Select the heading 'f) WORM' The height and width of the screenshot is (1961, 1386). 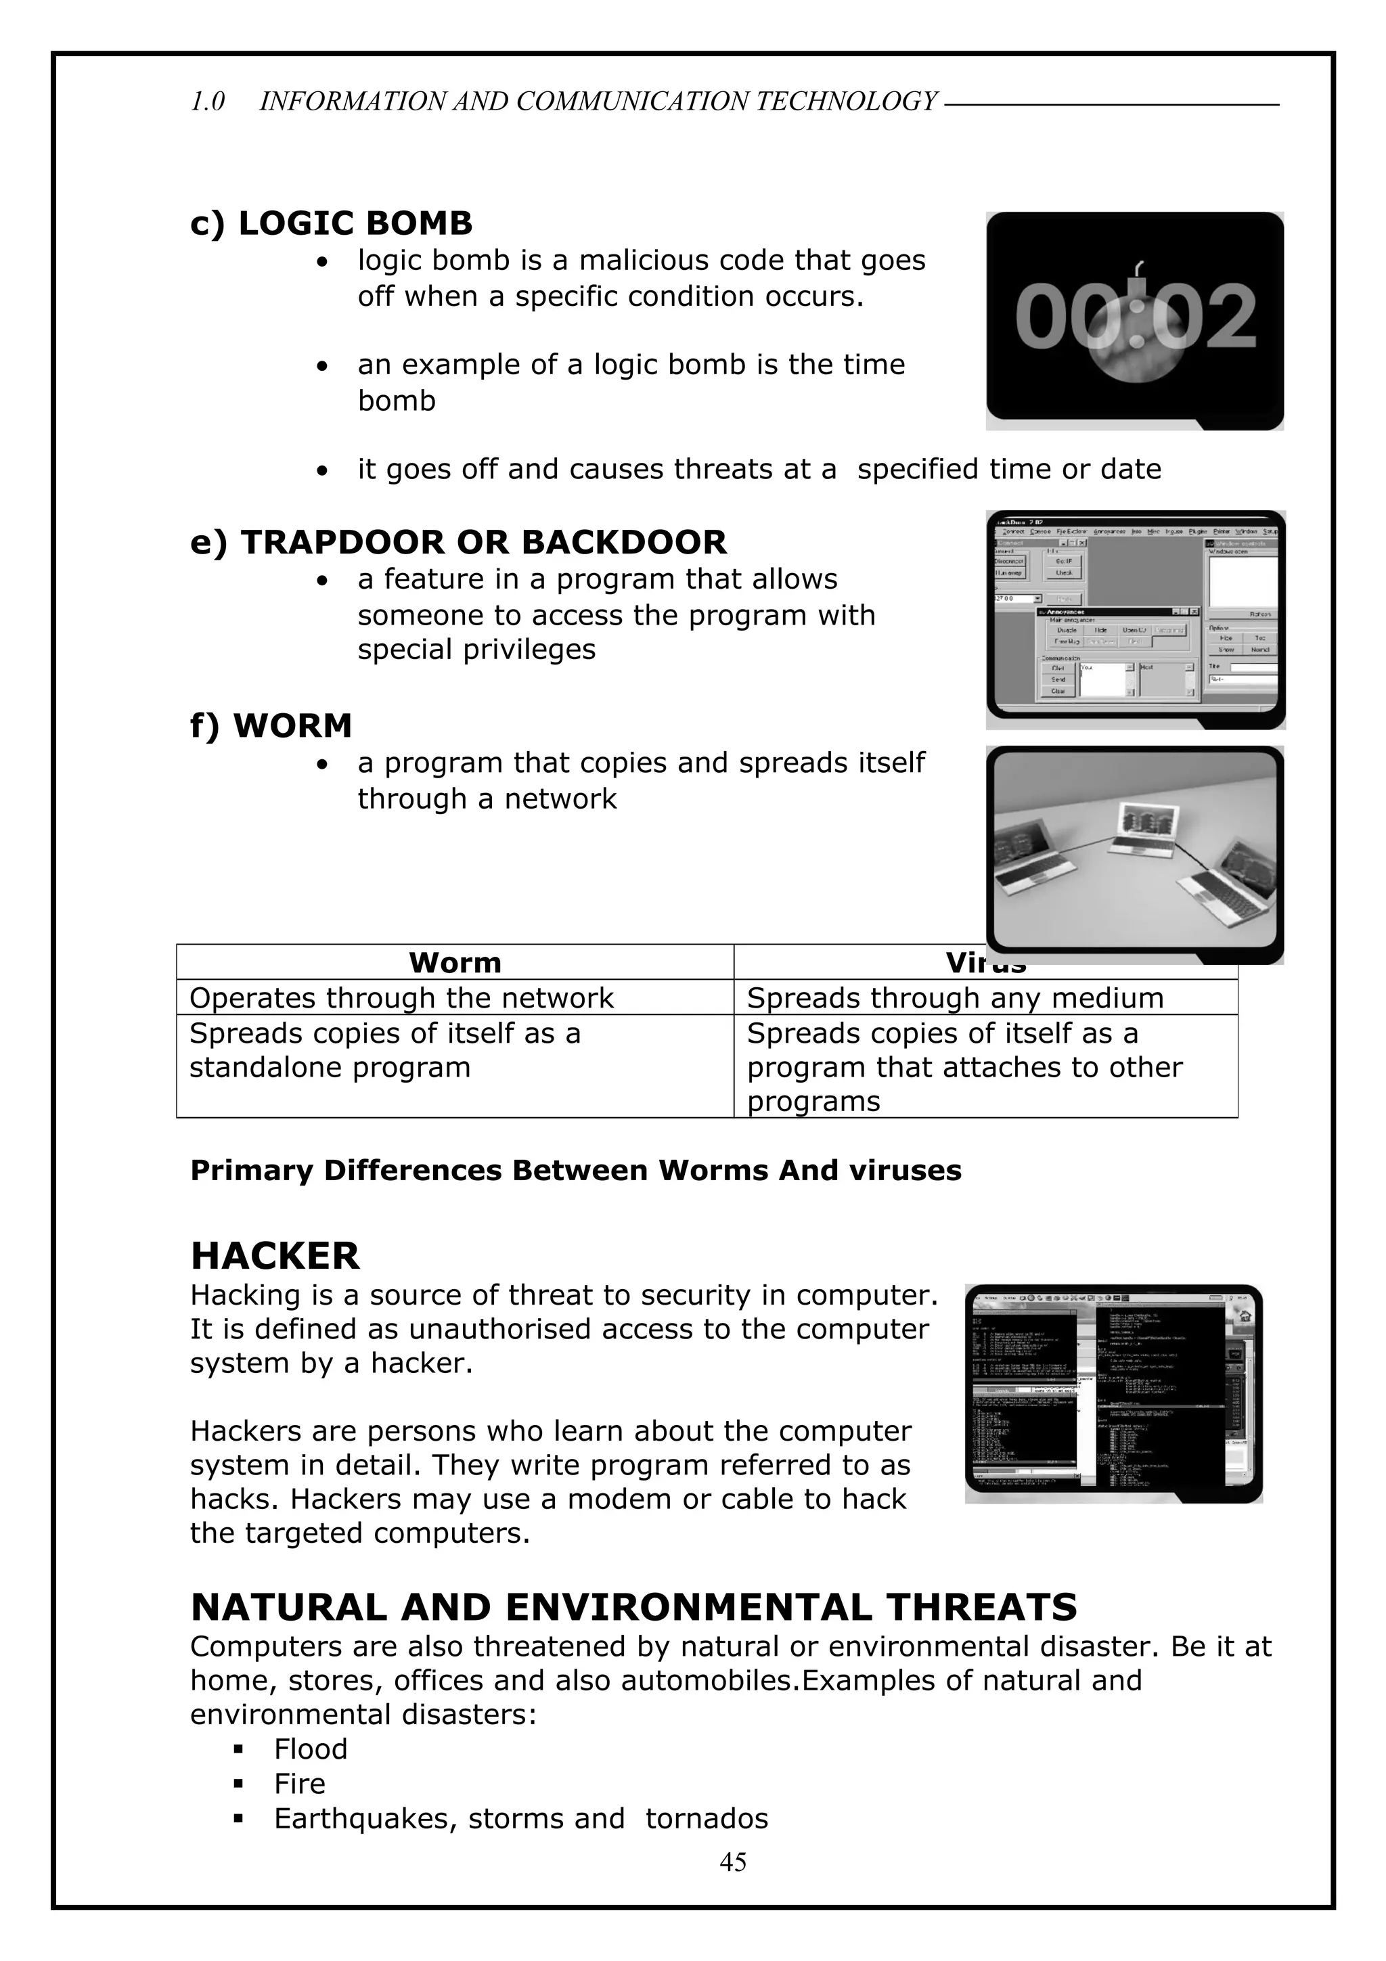(271, 725)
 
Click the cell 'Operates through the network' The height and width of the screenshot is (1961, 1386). (401, 997)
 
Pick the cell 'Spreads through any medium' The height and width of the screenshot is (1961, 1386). (955, 997)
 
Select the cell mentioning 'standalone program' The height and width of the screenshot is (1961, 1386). (384, 1050)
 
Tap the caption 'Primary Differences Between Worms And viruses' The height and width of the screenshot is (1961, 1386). (575, 1170)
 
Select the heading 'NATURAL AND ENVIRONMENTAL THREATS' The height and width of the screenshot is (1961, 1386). (633, 1607)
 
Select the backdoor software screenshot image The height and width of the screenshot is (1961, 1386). (1135, 618)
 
